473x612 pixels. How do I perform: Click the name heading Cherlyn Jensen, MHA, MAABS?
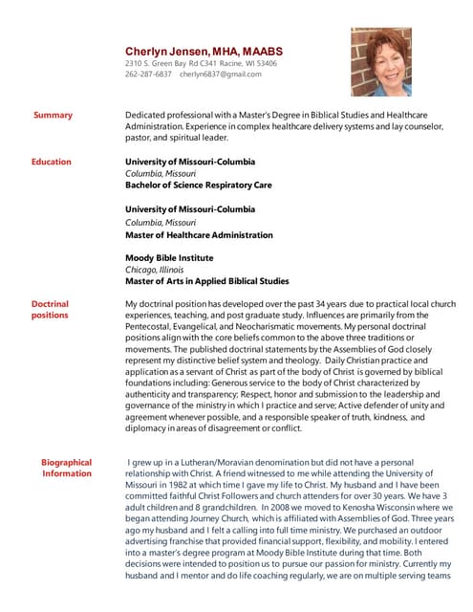pos(202,51)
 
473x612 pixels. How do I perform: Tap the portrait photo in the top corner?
pos(380,61)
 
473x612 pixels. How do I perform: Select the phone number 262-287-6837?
pos(149,74)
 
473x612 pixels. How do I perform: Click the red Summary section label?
pos(53,116)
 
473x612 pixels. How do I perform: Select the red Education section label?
pos(51,162)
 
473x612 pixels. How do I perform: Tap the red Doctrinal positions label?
pos(50,309)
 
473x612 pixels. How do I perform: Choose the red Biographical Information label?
pos(66,468)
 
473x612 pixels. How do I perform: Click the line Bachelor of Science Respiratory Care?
pos(199,185)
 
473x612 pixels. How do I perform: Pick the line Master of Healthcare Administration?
pos(199,234)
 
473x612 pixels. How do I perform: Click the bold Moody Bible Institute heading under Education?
pos(169,258)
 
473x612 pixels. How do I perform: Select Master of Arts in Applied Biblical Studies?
pos(207,281)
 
